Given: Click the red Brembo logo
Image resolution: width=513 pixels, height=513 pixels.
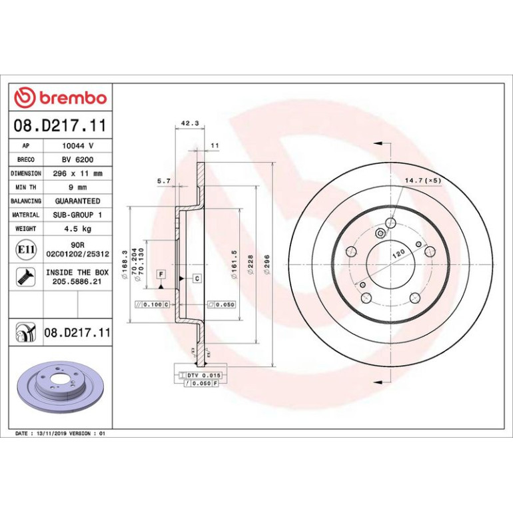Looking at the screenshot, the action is (61, 97).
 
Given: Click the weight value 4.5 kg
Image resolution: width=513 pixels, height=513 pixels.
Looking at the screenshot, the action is (77, 229).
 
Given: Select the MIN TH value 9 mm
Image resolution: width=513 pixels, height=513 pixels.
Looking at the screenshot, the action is (77, 187).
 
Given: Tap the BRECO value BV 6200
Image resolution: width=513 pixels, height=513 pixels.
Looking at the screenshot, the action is (77, 160).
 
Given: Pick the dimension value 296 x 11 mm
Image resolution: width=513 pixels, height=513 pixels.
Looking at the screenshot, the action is (77, 173).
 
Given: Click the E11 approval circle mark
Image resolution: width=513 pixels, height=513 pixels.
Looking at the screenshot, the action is (26, 250).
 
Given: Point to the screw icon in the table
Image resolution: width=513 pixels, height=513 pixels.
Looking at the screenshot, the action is (26, 276).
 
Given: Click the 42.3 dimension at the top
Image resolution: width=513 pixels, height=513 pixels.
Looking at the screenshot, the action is (190, 123).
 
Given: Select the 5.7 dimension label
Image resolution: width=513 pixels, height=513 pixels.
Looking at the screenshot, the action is (164, 181).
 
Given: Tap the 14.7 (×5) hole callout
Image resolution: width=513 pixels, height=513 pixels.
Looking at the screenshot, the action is (423, 181).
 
